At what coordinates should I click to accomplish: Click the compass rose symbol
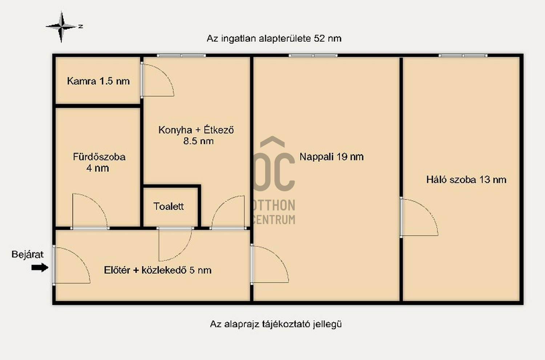(61, 26)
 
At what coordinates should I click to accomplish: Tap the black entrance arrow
(40, 267)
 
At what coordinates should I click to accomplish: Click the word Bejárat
(28, 255)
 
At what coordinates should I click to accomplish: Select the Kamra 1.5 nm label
(98, 81)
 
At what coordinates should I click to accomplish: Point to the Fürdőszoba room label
(99, 163)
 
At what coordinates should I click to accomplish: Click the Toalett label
(168, 207)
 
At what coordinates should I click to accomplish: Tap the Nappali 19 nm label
(331, 157)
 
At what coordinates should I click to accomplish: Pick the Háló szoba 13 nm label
(466, 180)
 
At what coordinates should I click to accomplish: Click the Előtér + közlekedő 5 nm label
(158, 270)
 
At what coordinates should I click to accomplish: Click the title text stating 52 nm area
(274, 39)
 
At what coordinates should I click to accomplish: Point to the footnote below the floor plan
(276, 324)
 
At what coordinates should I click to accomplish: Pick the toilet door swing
(185, 251)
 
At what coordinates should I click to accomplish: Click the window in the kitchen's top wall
(181, 56)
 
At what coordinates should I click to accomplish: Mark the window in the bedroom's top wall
(463, 56)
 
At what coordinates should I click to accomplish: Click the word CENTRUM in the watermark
(274, 220)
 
